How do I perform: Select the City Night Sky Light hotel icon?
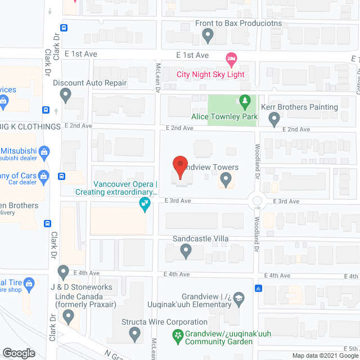coord(230,58)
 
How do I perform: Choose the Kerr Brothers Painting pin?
coord(274,119)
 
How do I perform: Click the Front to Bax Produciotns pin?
coord(208,36)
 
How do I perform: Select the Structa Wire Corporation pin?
coord(134,334)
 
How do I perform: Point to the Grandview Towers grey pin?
coord(226,179)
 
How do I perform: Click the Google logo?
coord(19,353)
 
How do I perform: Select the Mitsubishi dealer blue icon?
coord(46,151)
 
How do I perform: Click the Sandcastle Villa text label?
coord(201,239)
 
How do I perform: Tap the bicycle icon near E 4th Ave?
coord(258,289)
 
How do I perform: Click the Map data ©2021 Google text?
coord(325,355)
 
